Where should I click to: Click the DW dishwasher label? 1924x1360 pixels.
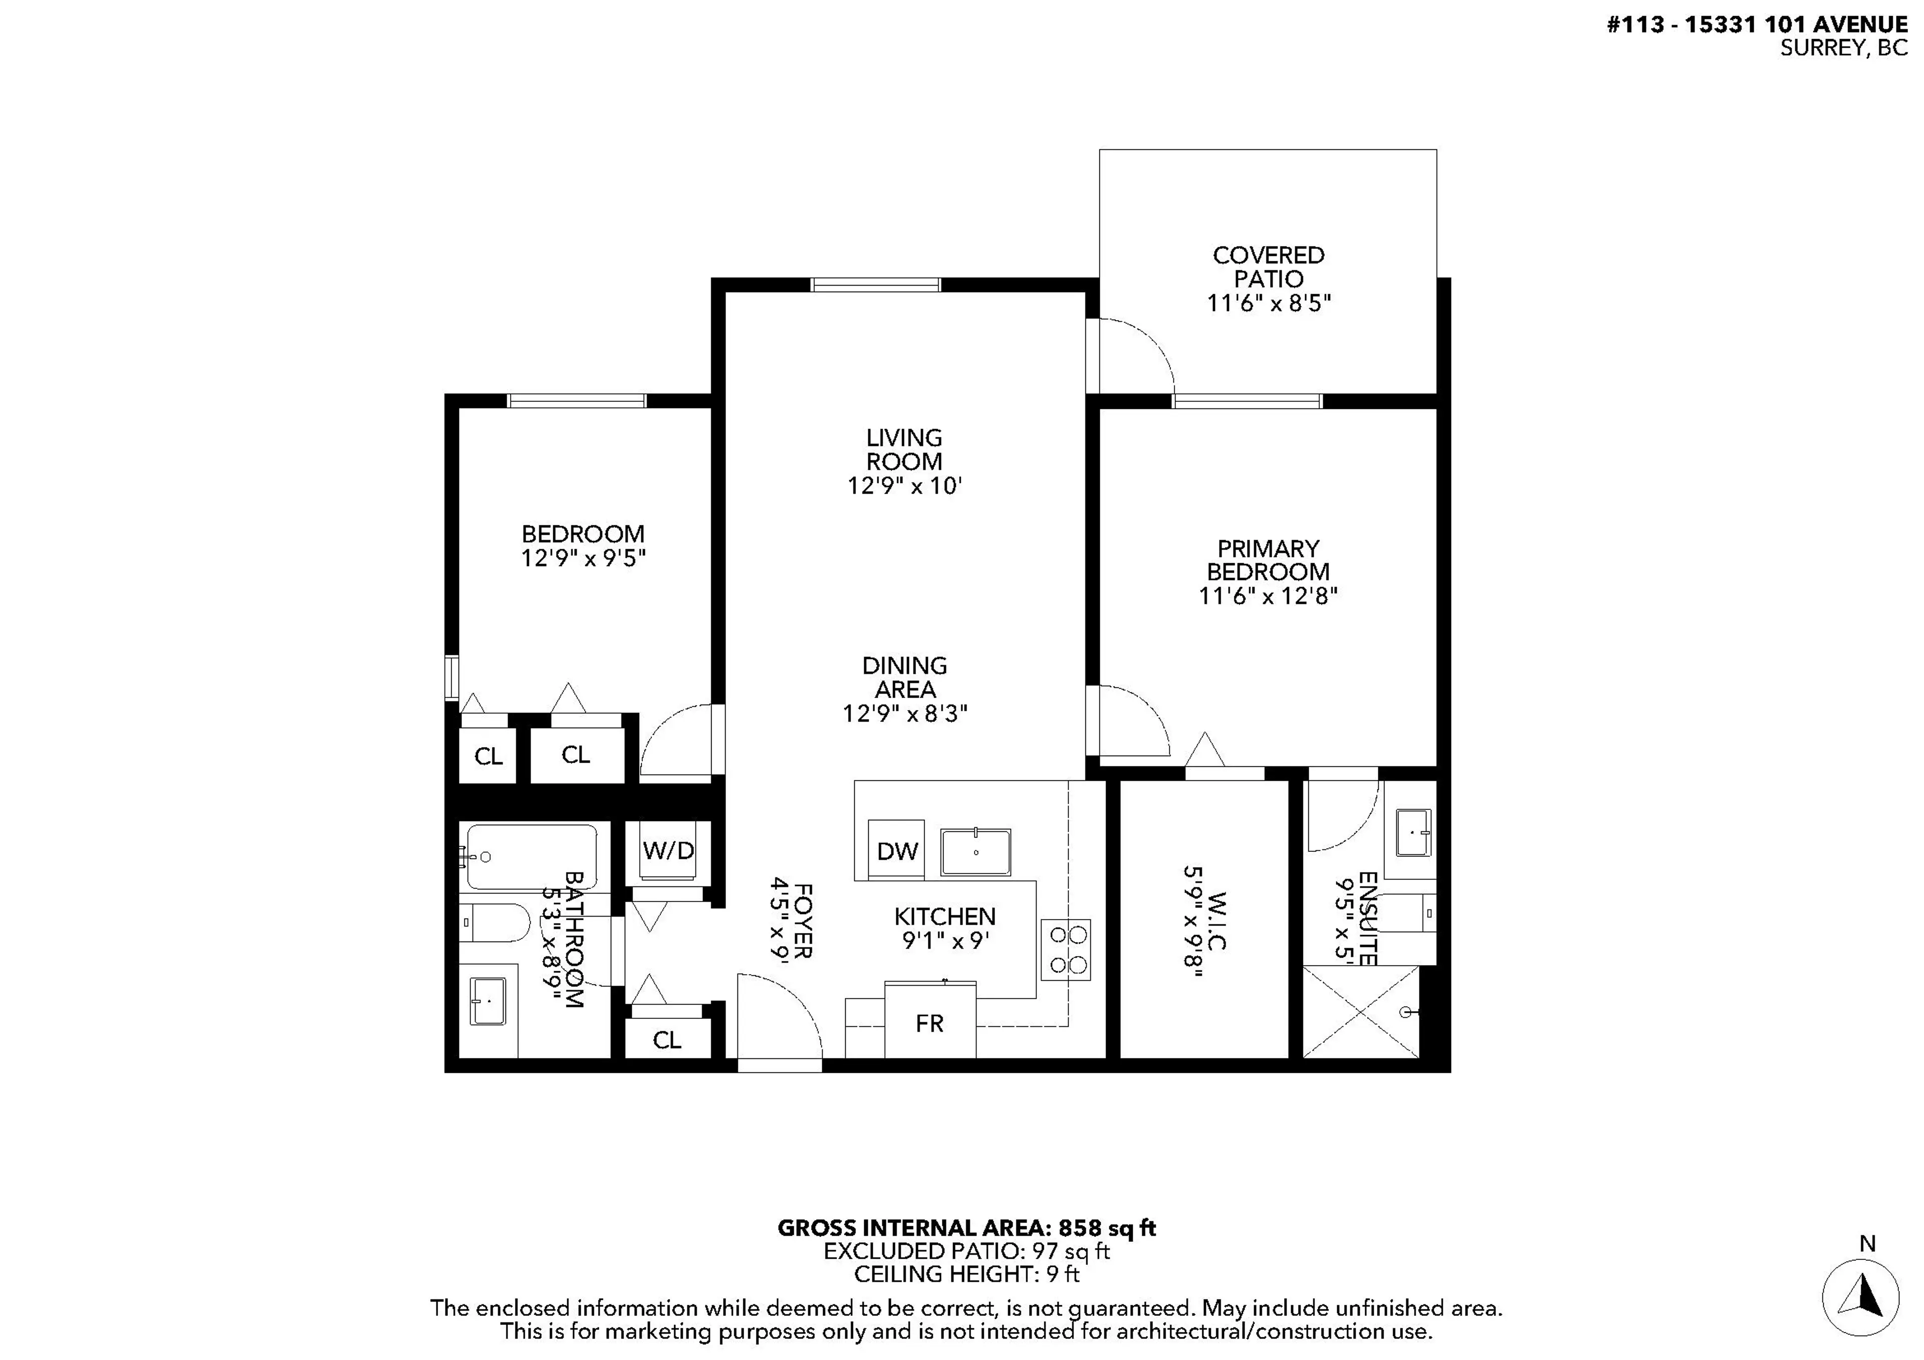(897, 851)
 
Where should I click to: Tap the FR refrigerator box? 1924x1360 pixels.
(930, 1022)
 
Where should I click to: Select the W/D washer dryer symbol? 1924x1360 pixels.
(668, 850)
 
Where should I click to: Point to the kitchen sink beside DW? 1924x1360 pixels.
(976, 851)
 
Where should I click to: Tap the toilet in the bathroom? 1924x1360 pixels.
(495, 923)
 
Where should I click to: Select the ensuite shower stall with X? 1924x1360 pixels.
(1361, 1011)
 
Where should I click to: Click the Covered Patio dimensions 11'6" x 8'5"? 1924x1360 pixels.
(1268, 303)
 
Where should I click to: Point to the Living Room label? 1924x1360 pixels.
(903, 449)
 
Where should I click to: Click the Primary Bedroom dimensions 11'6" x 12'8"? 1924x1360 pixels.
(1267, 596)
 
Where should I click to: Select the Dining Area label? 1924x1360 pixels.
(904, 677)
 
